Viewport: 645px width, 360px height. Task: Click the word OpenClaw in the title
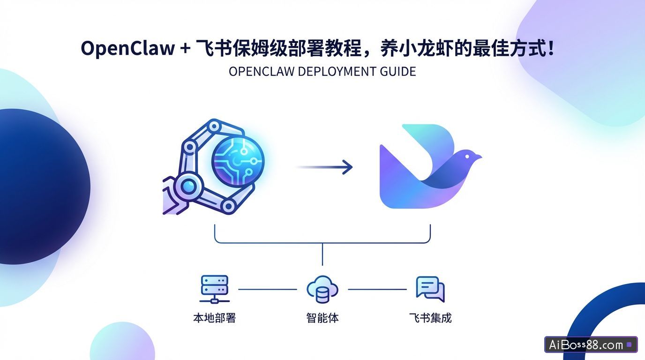pos(127,48)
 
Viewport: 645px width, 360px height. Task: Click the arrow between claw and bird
pos(324,166)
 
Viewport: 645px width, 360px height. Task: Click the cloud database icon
pos(322,290)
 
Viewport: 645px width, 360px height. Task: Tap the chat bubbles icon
pos(429,289)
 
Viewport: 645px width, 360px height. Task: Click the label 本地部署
pos(214,318)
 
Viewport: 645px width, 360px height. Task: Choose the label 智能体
pos(322,318)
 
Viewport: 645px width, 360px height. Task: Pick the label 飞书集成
pos(430,318)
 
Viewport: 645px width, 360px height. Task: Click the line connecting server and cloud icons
pos(268,289)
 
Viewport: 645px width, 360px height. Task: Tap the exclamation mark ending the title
pos(550,48)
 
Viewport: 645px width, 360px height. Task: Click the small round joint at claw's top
pos(214,126)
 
